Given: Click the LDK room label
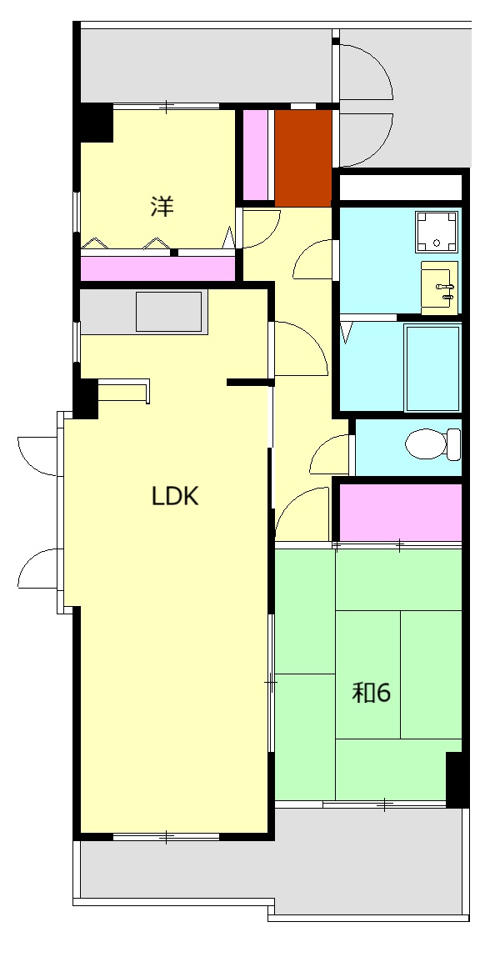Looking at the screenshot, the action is tap(175, 496).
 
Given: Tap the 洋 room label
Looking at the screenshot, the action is tap(162, 206).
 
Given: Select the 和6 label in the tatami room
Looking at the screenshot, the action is tap(371, 693).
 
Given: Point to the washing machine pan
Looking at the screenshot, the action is tap(437, 232).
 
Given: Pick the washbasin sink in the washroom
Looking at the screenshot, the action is tap(439, 287).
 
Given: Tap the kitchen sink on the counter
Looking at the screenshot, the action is tap(168, 312).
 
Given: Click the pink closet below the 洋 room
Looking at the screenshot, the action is tap(158, 268).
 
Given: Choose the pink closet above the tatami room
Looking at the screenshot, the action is tap(401, 513).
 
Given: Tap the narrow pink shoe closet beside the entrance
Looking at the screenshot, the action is tap(256, 155).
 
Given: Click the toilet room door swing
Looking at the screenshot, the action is tap(329, 454).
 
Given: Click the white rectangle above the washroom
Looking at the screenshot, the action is tap(400, 187).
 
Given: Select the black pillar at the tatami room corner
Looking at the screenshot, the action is tap(457, 779).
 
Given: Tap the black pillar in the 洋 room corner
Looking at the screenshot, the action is tap(93, 123).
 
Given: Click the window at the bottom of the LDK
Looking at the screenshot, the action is tap(166, 836).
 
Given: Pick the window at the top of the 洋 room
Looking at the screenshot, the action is tap(166, 106).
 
